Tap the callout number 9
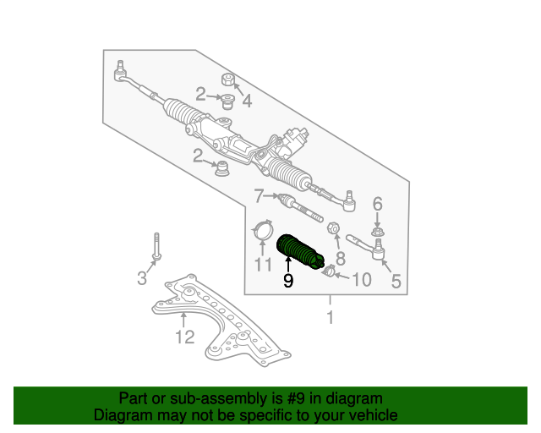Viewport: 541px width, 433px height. coord(288,282)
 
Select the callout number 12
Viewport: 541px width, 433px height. coord(184,338)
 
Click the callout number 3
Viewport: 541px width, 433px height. coord(142,278)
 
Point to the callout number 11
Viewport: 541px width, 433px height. coord(263,265)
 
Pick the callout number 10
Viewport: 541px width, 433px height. coord(361,279)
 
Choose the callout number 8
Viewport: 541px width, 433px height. coord(341,258)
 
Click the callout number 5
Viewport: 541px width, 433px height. coord(396,282)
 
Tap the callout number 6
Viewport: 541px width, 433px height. coord(377,203)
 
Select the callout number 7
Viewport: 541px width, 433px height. coord(260,197)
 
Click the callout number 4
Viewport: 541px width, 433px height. coord(247,101)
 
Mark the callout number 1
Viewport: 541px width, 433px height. coord(331,318)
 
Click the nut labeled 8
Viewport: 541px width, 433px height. coord(333,229)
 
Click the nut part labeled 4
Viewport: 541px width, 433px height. coord(227,81)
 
